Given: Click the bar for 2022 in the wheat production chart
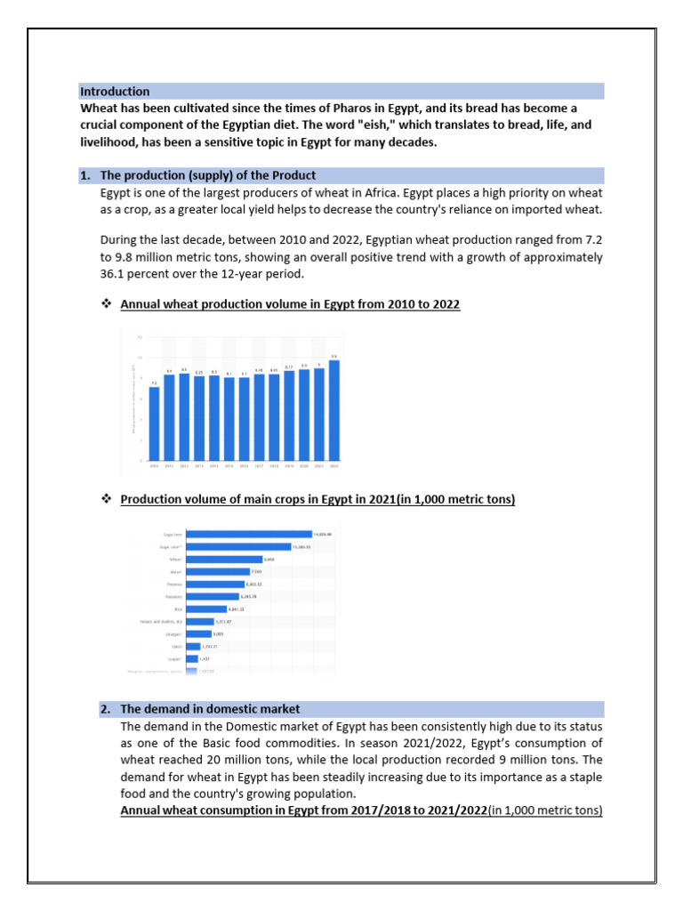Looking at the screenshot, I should point(334,410).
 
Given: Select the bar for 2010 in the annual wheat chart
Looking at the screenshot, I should point(154,423).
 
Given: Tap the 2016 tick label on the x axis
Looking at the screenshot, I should point(244,464).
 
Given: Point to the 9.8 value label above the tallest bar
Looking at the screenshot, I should point(334,357).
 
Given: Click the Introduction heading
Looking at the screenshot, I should point(115,92).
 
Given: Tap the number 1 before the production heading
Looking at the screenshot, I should point(84,175).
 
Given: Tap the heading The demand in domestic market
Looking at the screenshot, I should point(210,709).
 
